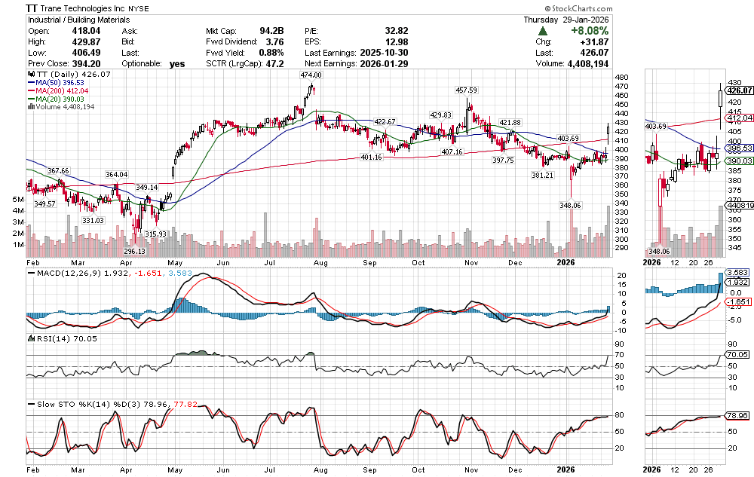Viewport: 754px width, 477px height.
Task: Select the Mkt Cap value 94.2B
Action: (x=274, y=32)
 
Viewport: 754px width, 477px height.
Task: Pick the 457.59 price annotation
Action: (x=467, y=90)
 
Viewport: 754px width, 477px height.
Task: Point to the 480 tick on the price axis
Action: (x=623, y=78)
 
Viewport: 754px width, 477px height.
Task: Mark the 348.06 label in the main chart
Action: (x=569, y=205)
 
